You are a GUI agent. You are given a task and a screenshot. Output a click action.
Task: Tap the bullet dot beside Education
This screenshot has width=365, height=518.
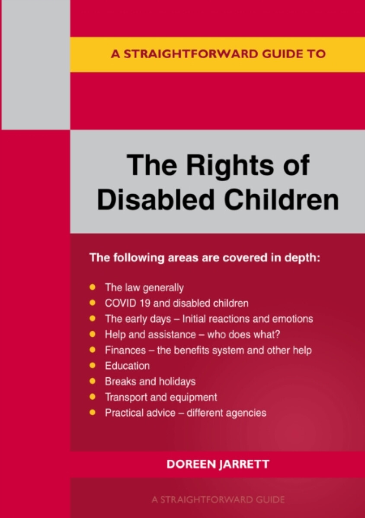coord(92,366)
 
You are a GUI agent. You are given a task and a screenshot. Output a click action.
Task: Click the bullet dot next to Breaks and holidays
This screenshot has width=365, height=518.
coord(92,381)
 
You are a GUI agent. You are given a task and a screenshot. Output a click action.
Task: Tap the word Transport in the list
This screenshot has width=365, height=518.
coord(125,397)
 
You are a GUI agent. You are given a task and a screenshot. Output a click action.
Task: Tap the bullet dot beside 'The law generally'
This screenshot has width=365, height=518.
coord(92,287)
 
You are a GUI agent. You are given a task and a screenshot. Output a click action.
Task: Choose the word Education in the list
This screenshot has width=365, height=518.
coord(127,366)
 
